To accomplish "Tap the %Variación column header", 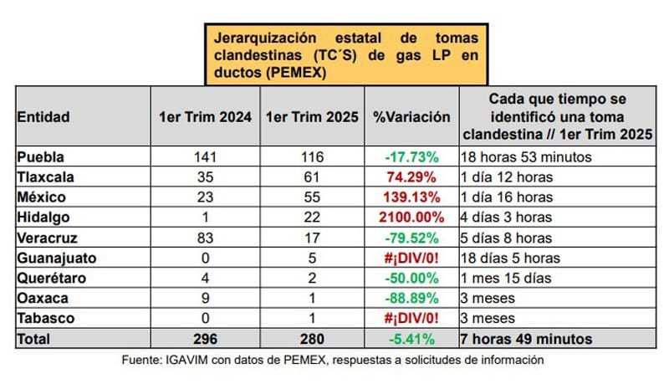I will [x=411, y=117].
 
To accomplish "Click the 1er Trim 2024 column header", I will [x=205, y=117].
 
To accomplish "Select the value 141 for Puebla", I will [x=205, y=156].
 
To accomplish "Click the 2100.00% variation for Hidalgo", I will [x=411, y=217].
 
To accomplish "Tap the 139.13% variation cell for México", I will [x=411, y=197].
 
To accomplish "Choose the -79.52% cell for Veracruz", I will [x=411, y=237].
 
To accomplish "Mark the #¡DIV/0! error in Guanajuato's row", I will [x=411, y=258].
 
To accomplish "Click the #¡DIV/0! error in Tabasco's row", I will [x=411, y=319].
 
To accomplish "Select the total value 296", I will [x=205, y=340].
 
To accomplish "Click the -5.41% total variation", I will [x=411, y=340].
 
